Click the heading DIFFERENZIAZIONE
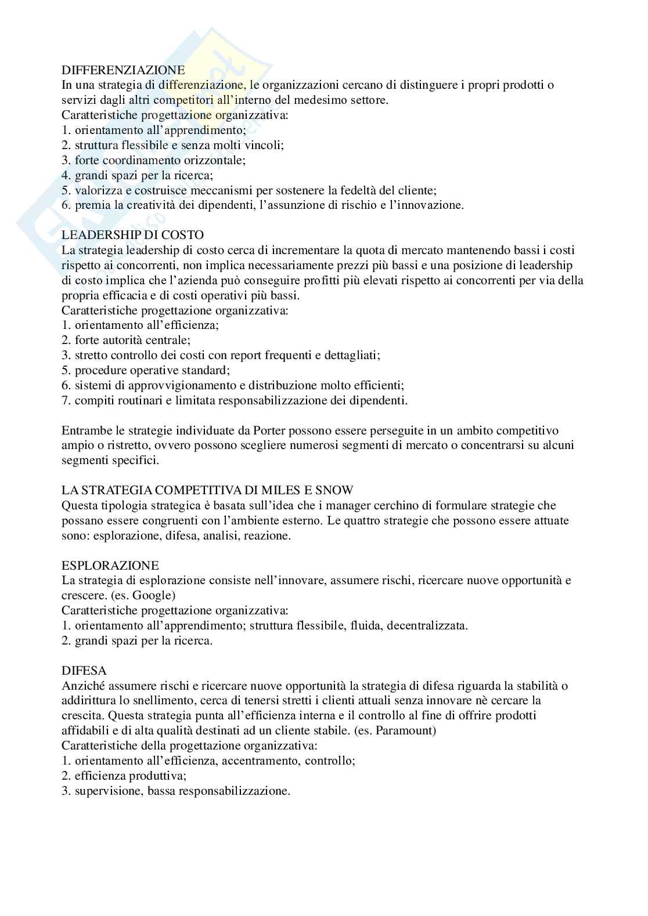pos(123,70)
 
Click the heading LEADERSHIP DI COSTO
pos(132,235)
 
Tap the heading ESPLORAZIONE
pos(110,565)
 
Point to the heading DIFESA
pos(81,671)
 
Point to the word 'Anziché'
pos(82,686)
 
